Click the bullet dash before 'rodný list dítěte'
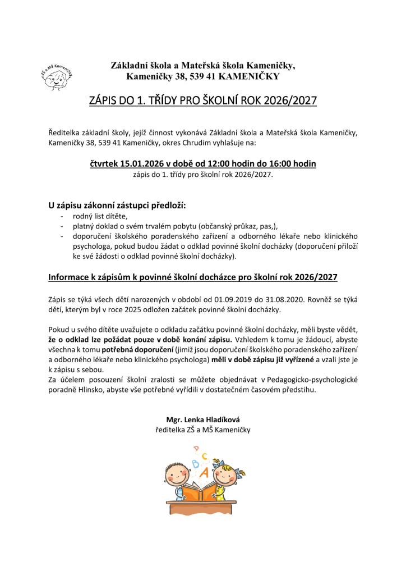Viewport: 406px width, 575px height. click(61, 216)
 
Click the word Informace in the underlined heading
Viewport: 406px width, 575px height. click(71, 277)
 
